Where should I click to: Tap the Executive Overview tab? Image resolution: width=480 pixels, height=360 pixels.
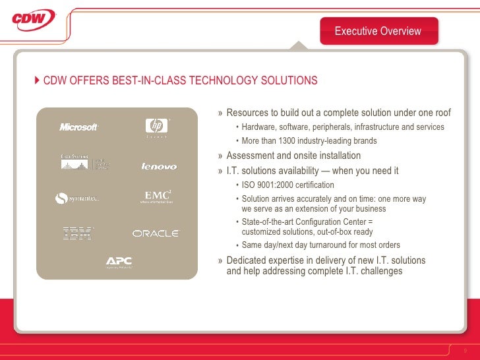pyautogui.click(x=378, y=31)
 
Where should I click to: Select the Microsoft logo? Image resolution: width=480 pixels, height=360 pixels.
pyautogui.click(x=78, y=127)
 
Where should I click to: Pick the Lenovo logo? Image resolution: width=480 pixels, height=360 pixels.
pyautogui.click(x=158, y=166)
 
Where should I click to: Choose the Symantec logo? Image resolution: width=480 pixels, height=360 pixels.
pyautogui.click(x=78, y=198)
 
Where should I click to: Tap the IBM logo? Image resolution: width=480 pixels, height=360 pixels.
pyautogui.click(x=78, y=233)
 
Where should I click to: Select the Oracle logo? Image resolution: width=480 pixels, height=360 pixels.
pyautogui.click(x=156, y=233)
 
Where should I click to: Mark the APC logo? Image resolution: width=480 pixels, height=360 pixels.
pyautogui.click(x=119, y=262)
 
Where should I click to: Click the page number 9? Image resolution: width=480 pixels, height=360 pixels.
pyautogui.click(x=465, y=349)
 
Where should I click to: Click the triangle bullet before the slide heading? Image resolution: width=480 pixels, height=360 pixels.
pyautogui.click(x=37, y=81)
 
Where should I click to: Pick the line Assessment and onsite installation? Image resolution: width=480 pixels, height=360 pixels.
pyautogui.click(x=293, y=156)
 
